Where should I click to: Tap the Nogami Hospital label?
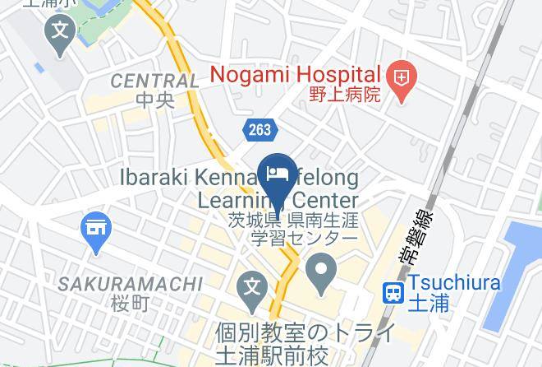(296, 75)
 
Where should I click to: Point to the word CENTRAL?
(154, 81)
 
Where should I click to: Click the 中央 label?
(154, 100)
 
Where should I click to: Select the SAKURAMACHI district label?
(130, 284)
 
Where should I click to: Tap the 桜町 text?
(130, 303)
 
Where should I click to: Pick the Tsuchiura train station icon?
(393, 291)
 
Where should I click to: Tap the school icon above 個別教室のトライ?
(252, 289)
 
